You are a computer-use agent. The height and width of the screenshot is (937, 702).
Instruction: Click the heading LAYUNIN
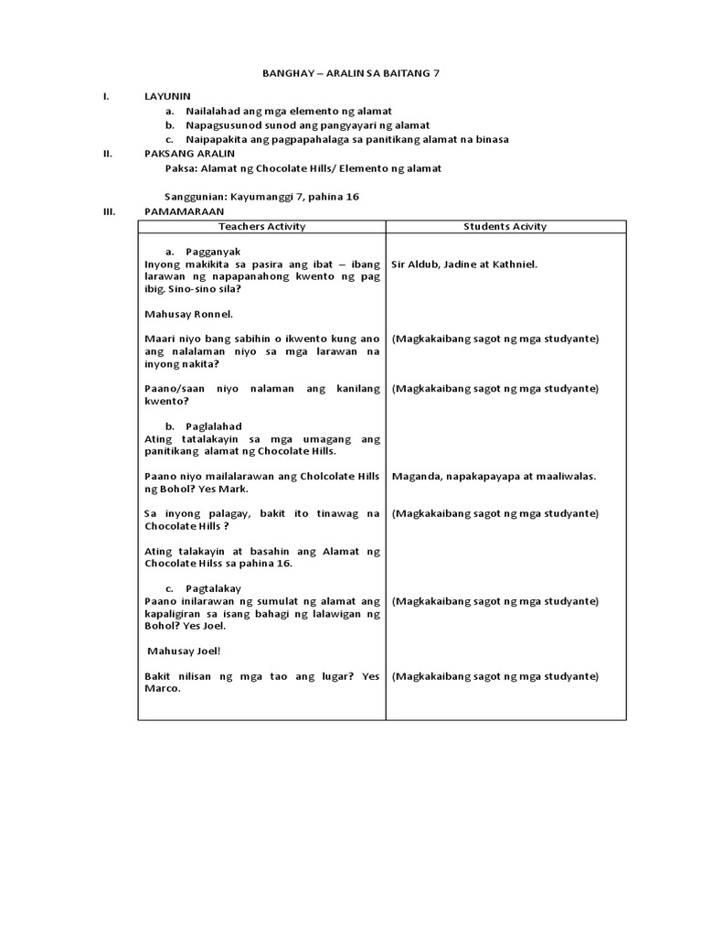(x=167, y=95)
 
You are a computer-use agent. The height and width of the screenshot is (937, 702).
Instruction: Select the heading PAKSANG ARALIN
(x=189, y=154)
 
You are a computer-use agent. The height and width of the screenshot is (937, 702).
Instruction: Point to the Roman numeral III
(x=109, y=211)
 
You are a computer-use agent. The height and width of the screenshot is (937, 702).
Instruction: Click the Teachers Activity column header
(x=262, y=226)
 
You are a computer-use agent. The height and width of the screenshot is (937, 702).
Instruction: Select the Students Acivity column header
(x=505, y=226)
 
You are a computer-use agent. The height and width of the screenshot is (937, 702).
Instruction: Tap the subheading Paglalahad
(x=215, y=426)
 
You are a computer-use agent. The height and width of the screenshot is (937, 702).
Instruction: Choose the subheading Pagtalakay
(x=215, y=588)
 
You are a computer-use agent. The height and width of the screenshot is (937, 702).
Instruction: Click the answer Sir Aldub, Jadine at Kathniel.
(x=464, y=264)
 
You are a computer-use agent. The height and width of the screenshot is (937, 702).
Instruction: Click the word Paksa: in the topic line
(x=181, y=168)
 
